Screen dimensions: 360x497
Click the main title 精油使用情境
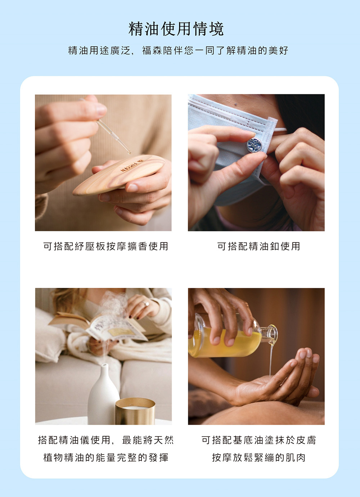pyautogui.click(x=176, y=29)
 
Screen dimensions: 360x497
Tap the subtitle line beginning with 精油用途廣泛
pyautogui.click(x=178, y=51)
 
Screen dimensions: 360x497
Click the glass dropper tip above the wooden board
pyautogui.click(x=129, y=152)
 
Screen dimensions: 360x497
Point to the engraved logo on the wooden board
pyautogui.click(x=132, y=165)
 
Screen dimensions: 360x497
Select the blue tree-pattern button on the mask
pyautogui.click(x=254, y=145)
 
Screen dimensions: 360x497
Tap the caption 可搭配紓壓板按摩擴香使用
pyautogui.click(x=105, y=246)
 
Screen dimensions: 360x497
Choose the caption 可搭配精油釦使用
pyautogui.click(x=258, y=246)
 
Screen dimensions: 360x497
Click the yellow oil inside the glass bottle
pyautogui.click(x=224, y=343)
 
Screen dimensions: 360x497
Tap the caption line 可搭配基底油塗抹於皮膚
pyautogui.click(x=258, y=440)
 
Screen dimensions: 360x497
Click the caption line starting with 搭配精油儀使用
pyautogui.click(x=105, y=440)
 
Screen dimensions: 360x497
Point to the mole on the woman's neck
pyautogui.click(x=235, y=104)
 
